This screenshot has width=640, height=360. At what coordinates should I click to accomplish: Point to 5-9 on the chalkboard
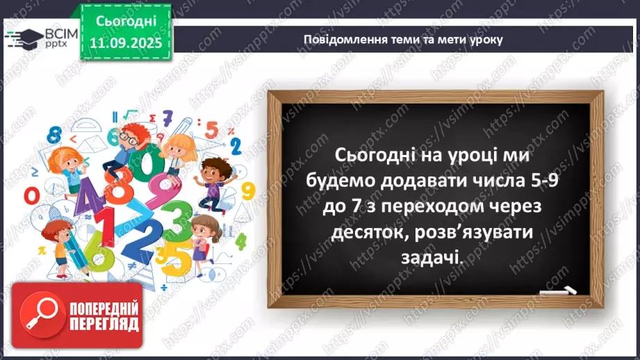point(542,180)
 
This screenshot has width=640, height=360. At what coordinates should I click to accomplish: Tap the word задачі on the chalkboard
point(431,257)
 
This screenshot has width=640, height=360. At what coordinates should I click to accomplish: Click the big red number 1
point(104,229)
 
